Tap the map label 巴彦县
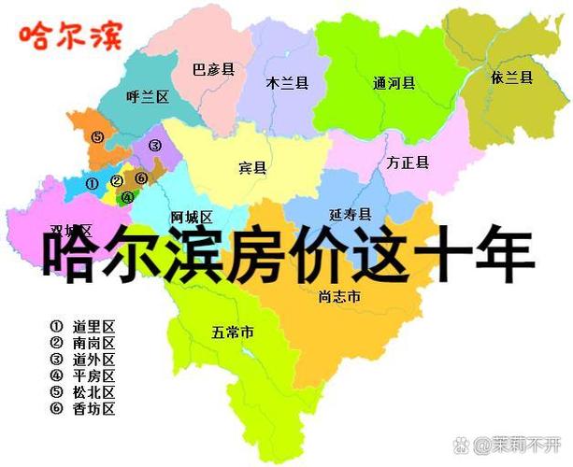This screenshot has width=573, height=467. pos(213,69)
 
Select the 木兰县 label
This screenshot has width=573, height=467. pos(287,82)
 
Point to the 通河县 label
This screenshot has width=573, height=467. pos(393,82)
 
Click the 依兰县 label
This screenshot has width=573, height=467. pos(511,78)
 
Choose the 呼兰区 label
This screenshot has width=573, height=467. pos(147,96)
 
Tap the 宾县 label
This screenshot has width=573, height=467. pos(252,168)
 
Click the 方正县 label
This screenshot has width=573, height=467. pos(408,163)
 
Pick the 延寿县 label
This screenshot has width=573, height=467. pos(351,214)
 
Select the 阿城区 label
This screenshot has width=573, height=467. pos(193,217)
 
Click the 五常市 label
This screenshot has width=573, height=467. pos(233,332)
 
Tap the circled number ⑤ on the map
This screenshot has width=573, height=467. pos(97,136)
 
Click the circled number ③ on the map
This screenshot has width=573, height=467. pos(155,145)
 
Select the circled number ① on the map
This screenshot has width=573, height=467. pos(92,184)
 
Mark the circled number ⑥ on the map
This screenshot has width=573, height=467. pos(141,177)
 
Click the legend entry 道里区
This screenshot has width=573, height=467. pos(93,327)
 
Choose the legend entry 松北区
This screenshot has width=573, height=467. pos(93,392)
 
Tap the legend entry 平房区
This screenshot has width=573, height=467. pos(93,376)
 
